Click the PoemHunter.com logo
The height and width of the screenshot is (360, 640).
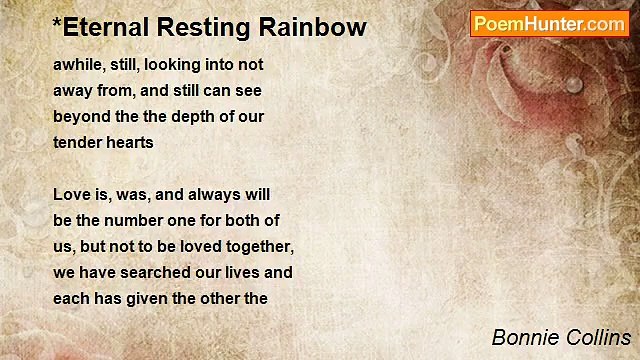549,24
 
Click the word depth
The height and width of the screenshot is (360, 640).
196,116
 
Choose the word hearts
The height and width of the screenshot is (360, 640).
130,142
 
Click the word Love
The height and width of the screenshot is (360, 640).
71,194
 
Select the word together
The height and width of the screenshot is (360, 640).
256,246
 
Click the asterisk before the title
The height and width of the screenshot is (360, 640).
57,23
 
